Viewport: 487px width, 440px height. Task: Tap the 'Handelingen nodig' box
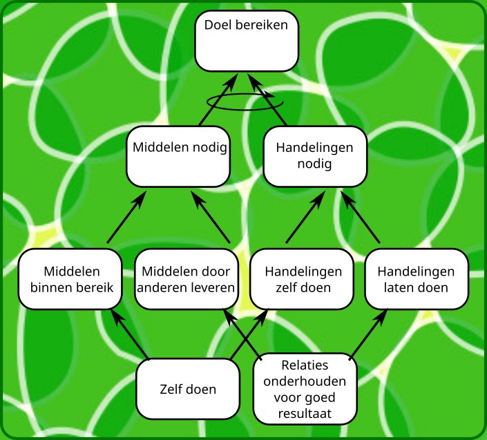tap(314, 155)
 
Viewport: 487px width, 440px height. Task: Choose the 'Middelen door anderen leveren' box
tap(187, 279)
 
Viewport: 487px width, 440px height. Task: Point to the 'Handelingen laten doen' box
tap(417, 279)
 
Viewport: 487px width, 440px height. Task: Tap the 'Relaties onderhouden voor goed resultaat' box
tap(305, 389)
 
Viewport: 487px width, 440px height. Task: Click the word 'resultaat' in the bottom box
tap(305, 414)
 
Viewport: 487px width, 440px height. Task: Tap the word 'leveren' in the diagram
tap(213, 287)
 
